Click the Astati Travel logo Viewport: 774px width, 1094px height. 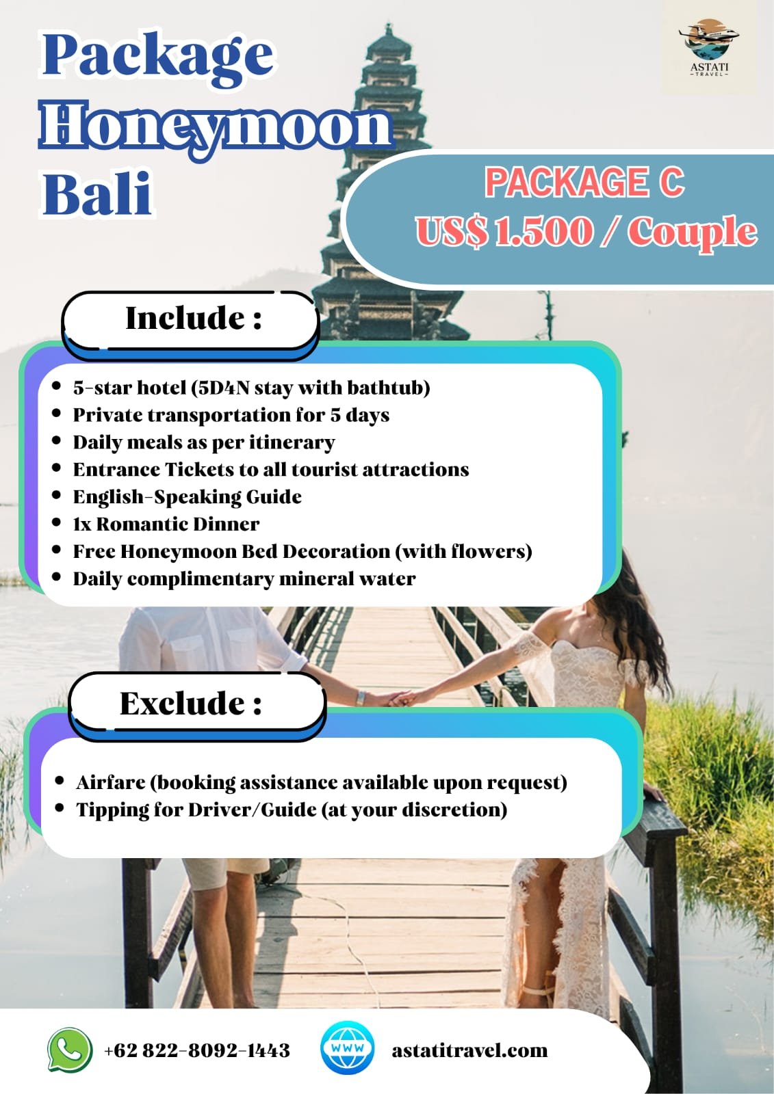coord(708,49)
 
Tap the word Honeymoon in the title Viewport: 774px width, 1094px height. coord(216,126)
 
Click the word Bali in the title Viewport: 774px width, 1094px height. coord(96,194)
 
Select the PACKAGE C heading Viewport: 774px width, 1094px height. coord(584,182)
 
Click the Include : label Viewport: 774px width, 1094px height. coord(194,319)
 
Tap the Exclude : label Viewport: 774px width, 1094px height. coord(191,704)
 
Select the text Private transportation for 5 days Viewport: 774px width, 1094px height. coord(231,415)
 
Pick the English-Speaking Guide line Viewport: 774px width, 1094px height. coord(188,497)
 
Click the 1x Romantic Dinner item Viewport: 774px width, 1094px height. coord(166,524)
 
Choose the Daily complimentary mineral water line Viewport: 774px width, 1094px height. coord(244,579)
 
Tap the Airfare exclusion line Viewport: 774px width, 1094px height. coord(321,782)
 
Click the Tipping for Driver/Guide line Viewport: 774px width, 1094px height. coord(292,810)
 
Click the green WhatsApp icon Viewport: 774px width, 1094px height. coord(70,1050)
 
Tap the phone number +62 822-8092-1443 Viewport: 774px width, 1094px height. coord(197,1050)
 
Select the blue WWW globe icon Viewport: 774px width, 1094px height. coord(348,1049)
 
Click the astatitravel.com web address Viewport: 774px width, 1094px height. coord(469,1050)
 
